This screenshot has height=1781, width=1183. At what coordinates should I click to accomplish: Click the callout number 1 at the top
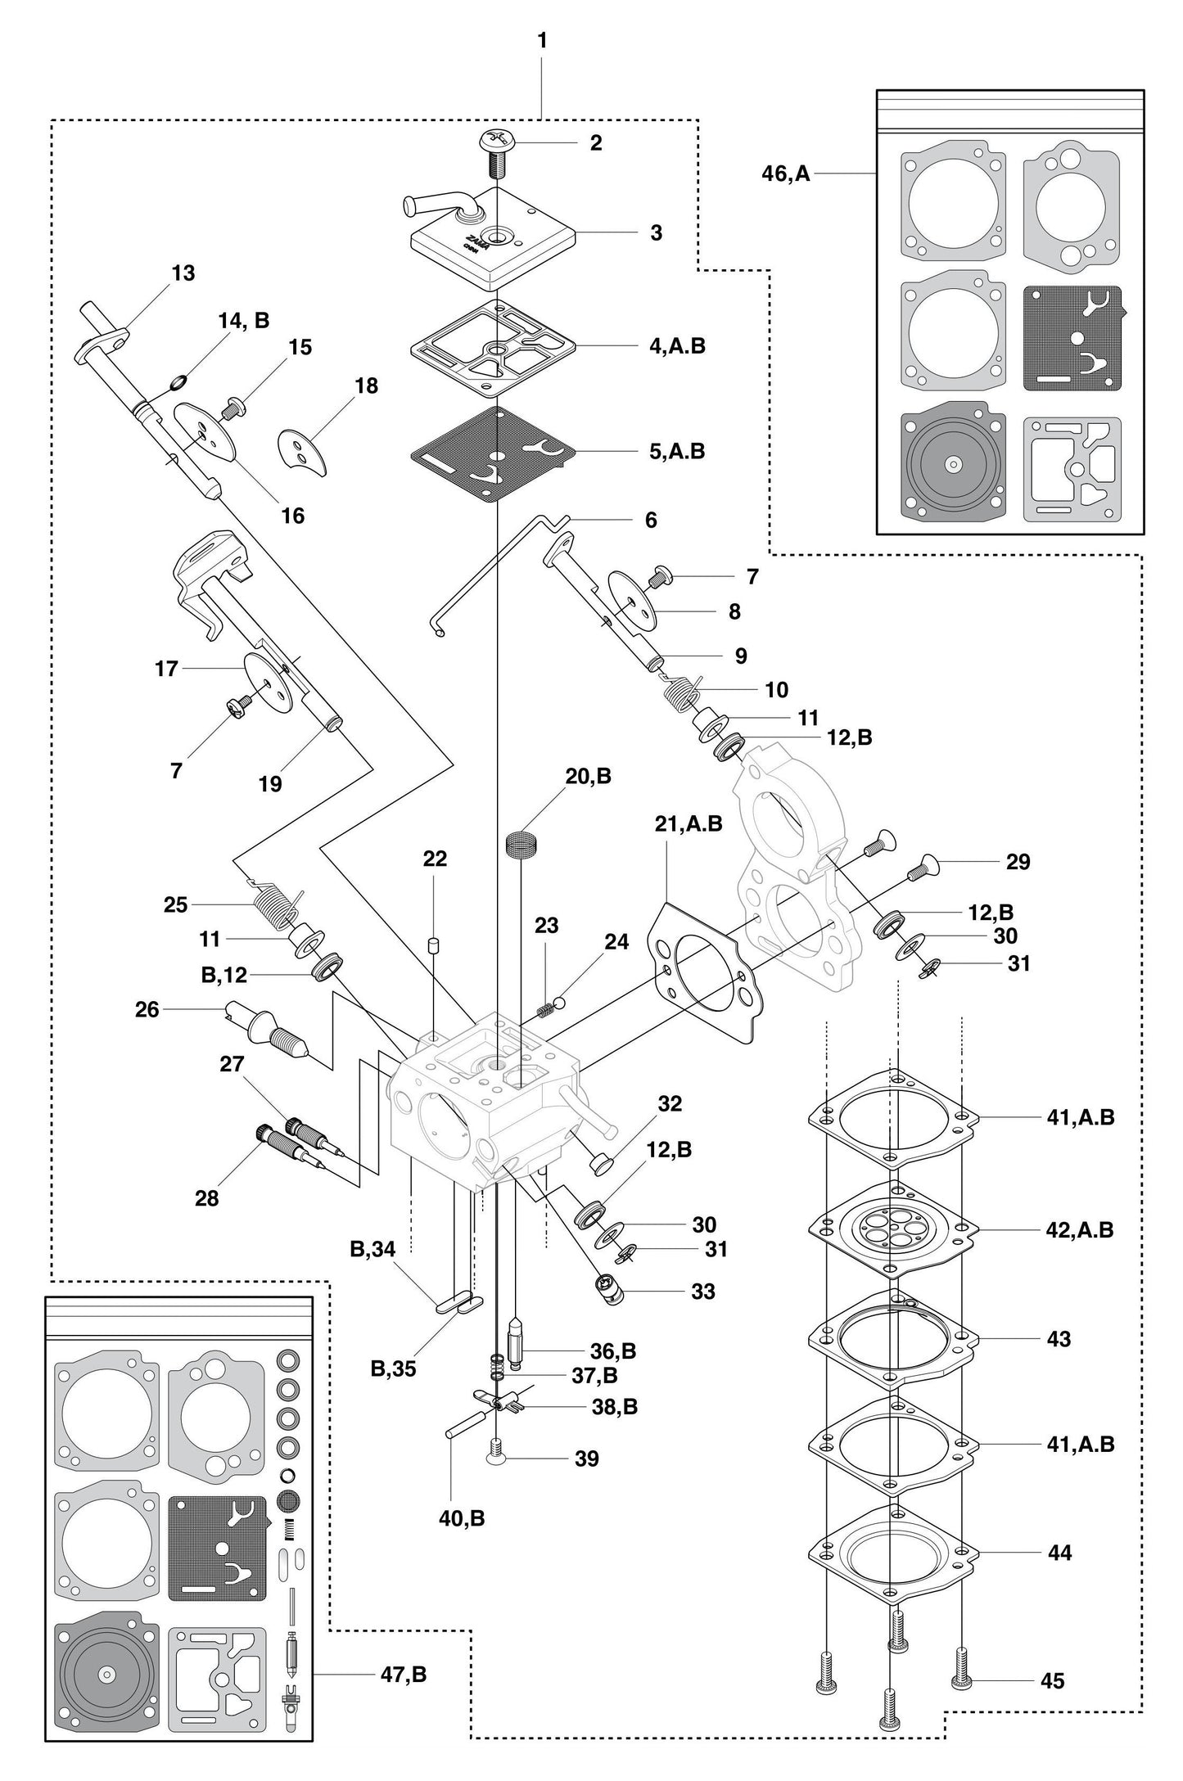point(542,40)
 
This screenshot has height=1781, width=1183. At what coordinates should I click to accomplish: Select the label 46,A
point(785,174)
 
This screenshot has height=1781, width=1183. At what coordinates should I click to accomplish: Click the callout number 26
point(147,1010)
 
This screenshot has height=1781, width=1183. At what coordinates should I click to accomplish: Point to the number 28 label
point(207,1197)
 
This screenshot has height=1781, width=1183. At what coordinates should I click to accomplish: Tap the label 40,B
point(463,1518)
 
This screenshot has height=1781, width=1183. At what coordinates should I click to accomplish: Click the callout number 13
point(183,273)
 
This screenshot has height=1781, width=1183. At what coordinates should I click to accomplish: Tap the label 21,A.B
point(688,823)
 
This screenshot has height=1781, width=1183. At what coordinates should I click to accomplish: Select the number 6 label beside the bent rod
point(651,520)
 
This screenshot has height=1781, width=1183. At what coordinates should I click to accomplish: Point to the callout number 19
point(270,783)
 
